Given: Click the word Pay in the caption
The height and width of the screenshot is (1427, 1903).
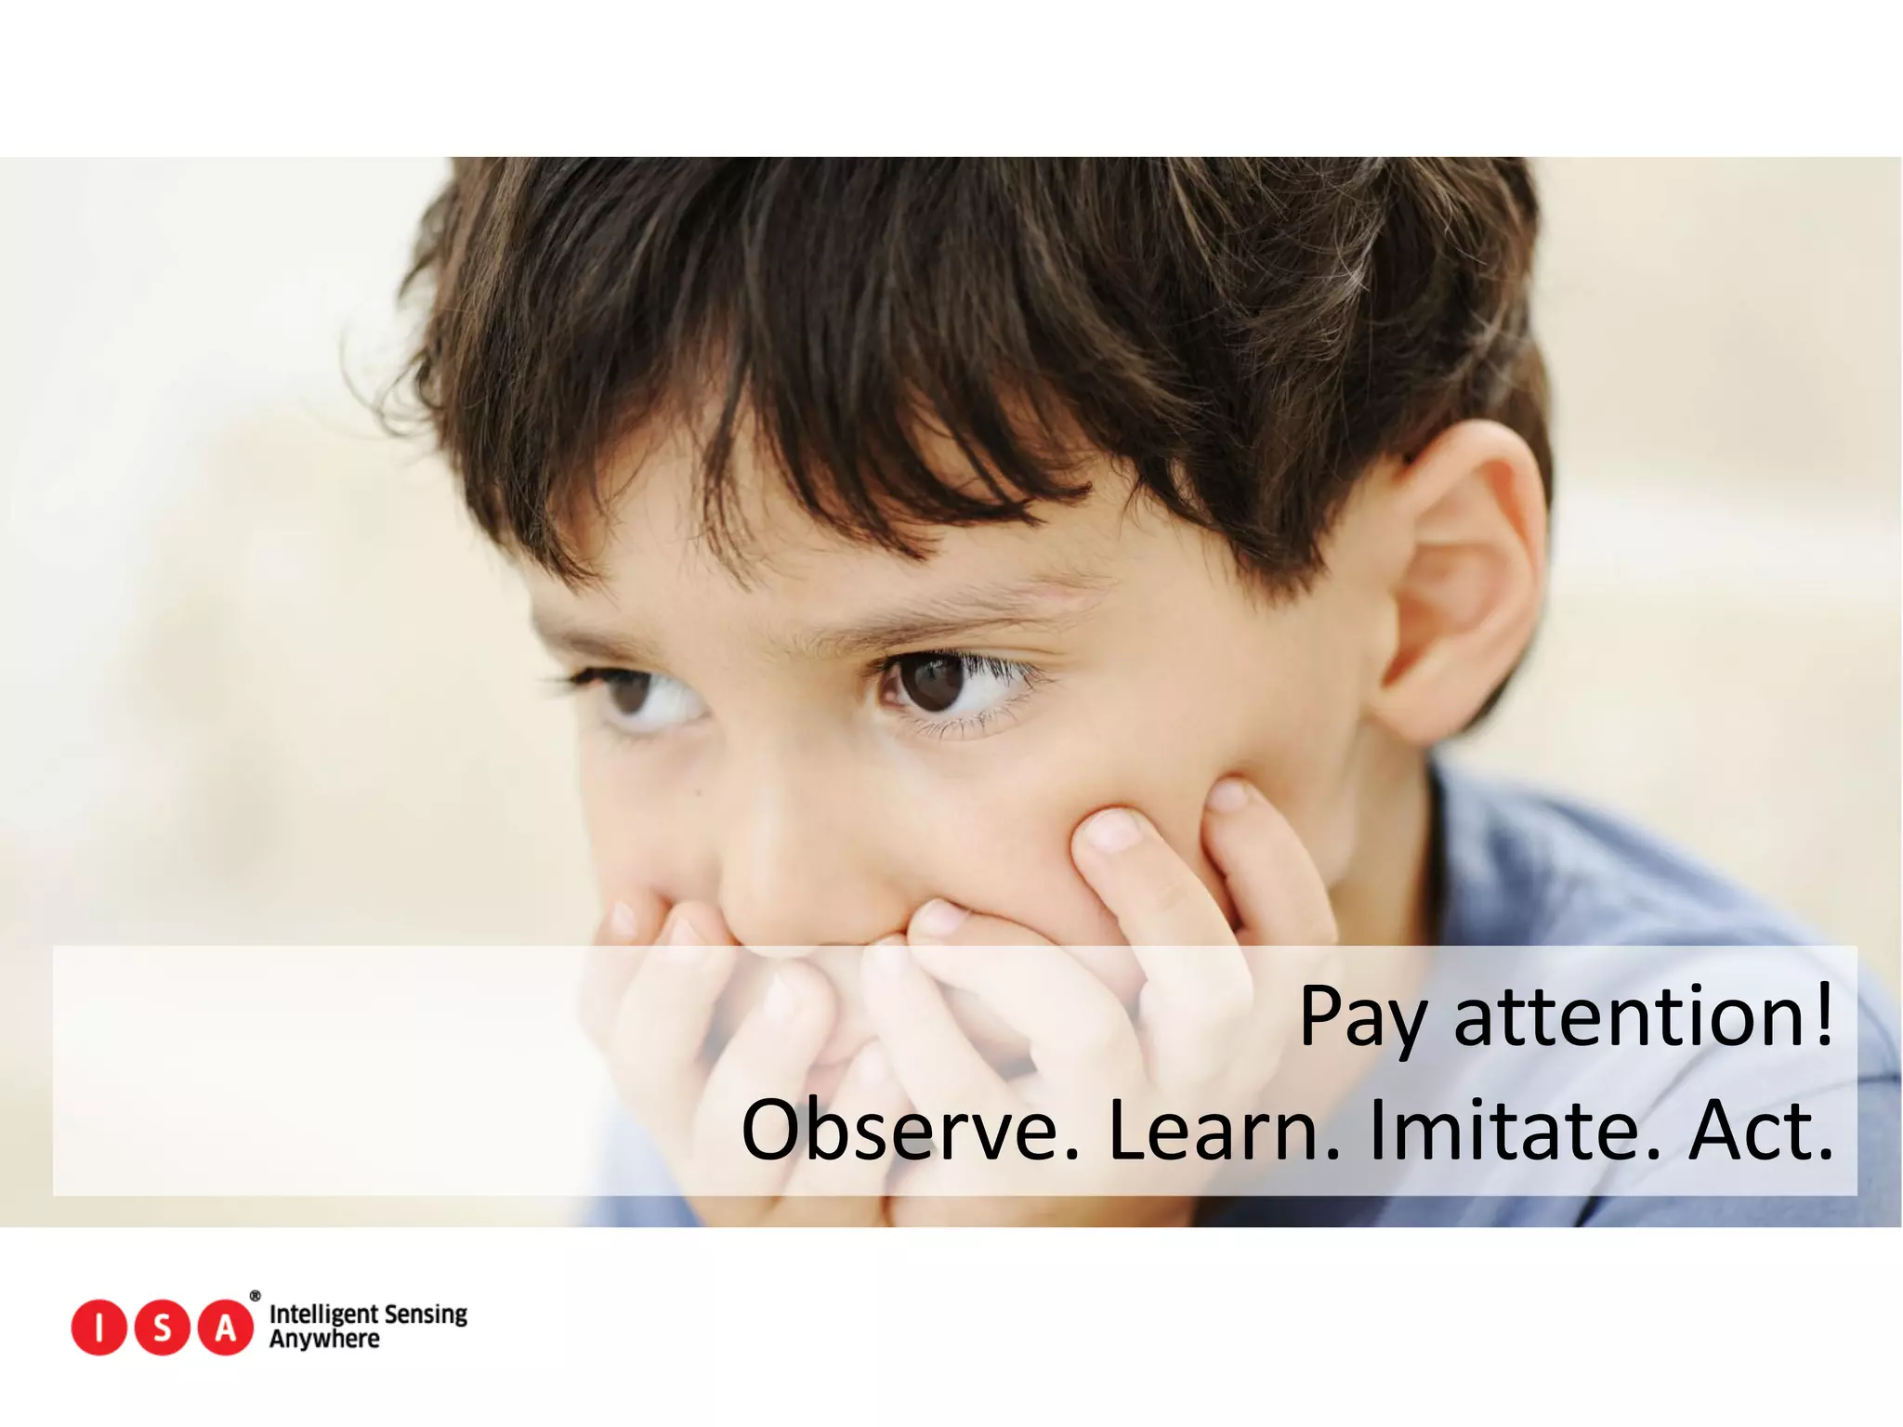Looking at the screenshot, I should coord(1361,1017).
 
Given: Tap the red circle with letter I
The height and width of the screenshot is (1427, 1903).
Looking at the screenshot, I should coord(98,1328).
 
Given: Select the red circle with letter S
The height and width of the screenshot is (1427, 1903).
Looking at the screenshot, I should coord(163,1328).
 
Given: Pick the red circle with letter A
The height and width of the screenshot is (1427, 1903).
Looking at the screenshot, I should coord(226,1328).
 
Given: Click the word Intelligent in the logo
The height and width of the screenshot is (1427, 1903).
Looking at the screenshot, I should coord(322,1315).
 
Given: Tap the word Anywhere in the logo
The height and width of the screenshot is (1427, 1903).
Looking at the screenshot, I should coord(324,1340).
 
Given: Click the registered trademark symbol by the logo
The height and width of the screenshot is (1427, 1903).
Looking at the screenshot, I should coord(256,1296).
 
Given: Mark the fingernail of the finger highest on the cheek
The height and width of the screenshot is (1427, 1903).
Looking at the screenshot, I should coord(1229,796).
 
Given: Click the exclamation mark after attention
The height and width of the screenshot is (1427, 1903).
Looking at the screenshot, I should coord(1823,1015).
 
